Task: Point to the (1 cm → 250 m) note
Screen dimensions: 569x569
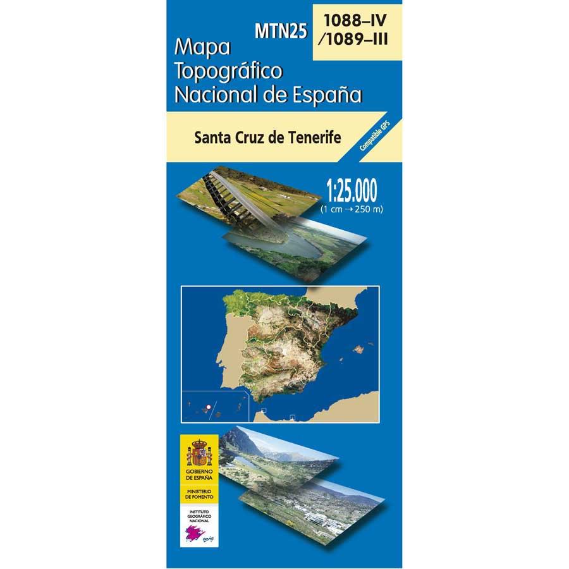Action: (x=352, y=209)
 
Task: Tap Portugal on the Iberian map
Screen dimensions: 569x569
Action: (x=237, y=354)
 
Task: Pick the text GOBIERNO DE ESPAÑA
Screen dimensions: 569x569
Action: (x=199, y=475)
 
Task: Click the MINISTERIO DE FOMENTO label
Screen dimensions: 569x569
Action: (x=199, y=494)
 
